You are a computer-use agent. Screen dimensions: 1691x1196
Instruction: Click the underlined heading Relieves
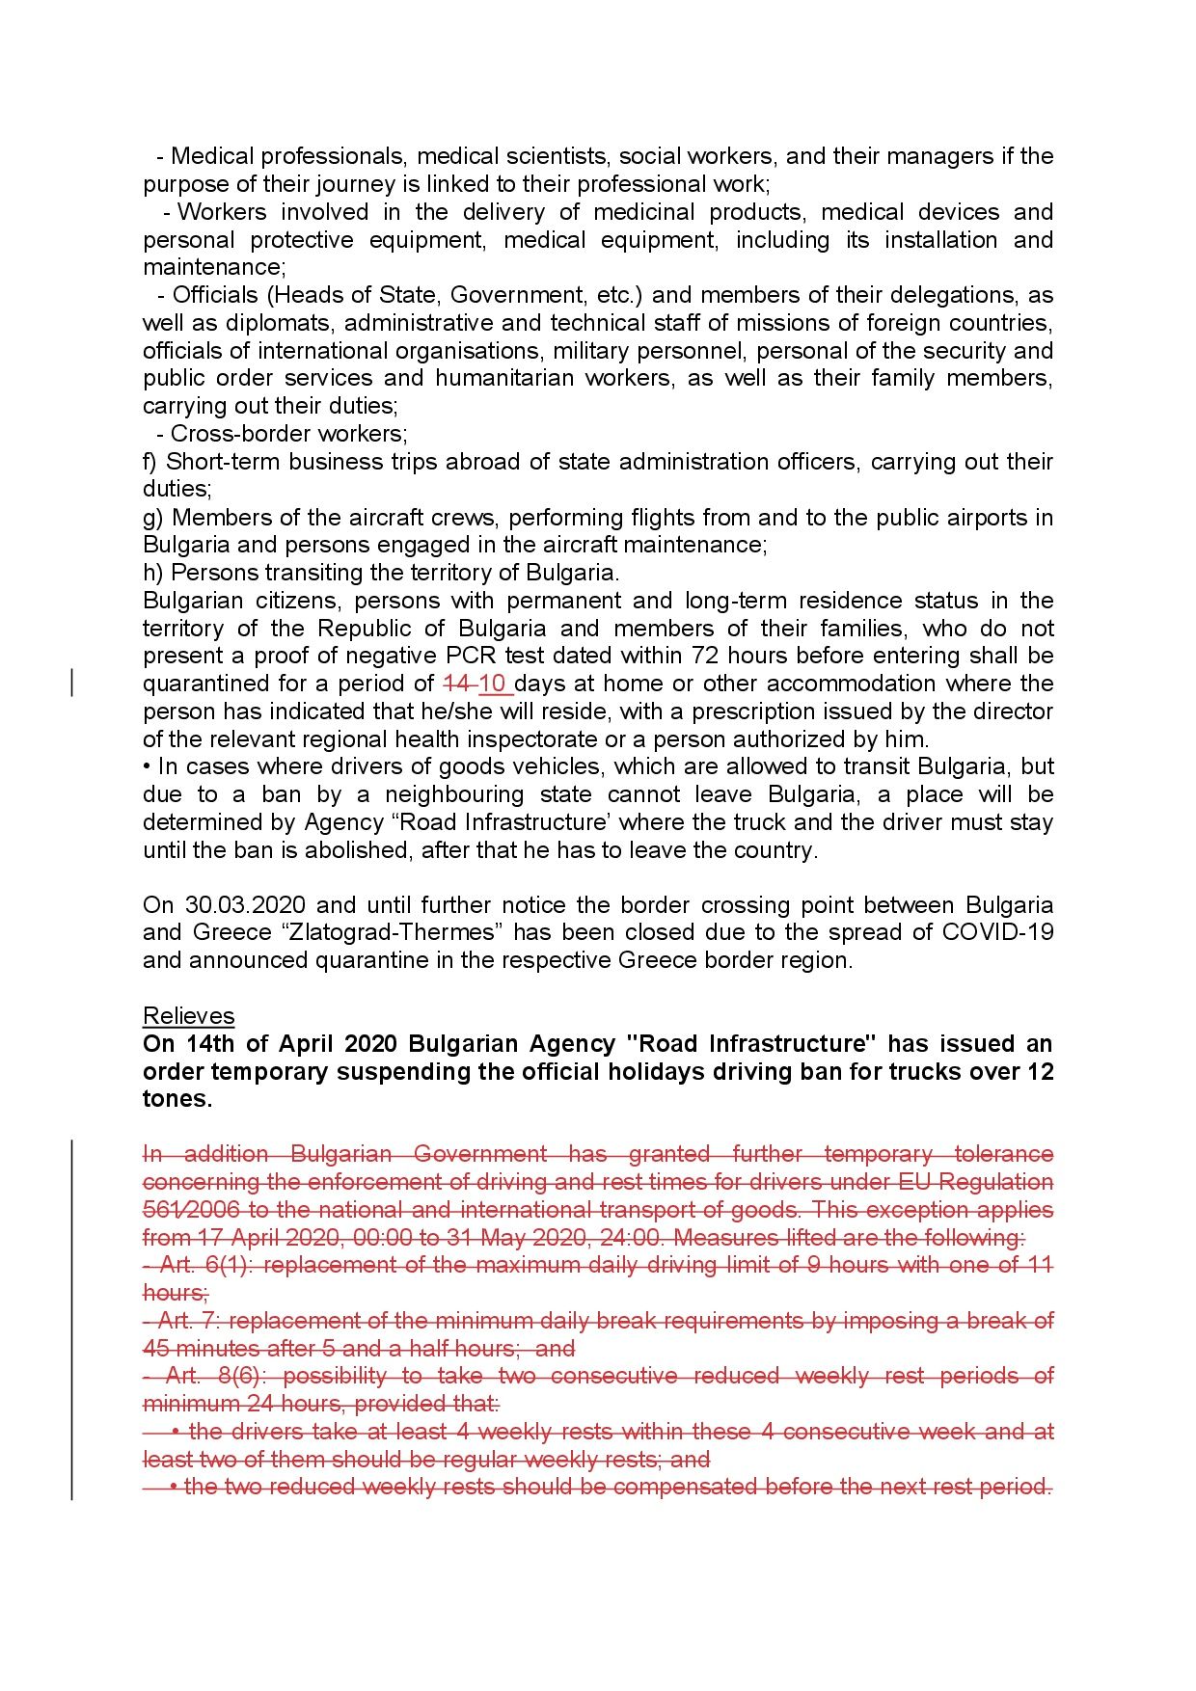coord(188,1016)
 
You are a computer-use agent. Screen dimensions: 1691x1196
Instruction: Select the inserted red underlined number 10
coord(493,684)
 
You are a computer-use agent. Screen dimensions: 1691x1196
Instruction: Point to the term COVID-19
coord(997,933)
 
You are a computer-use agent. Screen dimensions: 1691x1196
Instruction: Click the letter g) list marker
coord(153,518)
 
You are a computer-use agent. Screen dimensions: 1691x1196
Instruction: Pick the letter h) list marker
coord(153,573)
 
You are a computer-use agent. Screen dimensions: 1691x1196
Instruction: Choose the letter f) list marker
coord(151,462)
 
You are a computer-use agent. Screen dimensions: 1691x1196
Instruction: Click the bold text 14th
coord(210,1044)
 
